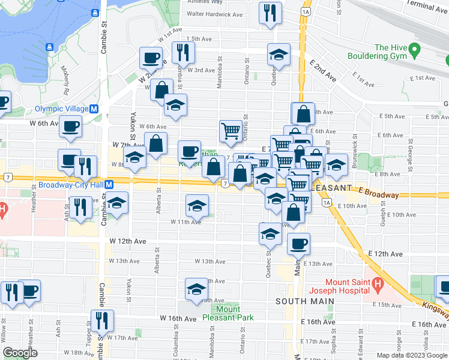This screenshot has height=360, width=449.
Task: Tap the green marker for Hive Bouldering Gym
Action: [413, 52]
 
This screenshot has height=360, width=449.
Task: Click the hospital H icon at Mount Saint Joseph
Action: [378, 282]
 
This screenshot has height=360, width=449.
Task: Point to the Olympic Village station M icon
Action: [94, 109]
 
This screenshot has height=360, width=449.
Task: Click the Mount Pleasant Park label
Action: [228, 313]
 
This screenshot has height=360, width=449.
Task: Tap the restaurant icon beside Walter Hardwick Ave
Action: [270, 12]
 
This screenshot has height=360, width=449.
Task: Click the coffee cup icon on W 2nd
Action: [151, 58]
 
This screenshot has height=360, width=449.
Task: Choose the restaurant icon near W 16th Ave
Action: [102, 320]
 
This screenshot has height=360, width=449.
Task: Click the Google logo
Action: [20, 353]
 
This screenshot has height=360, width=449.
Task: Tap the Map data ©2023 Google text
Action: [411, 355]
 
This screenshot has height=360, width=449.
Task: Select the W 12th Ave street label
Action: [128, 241]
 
